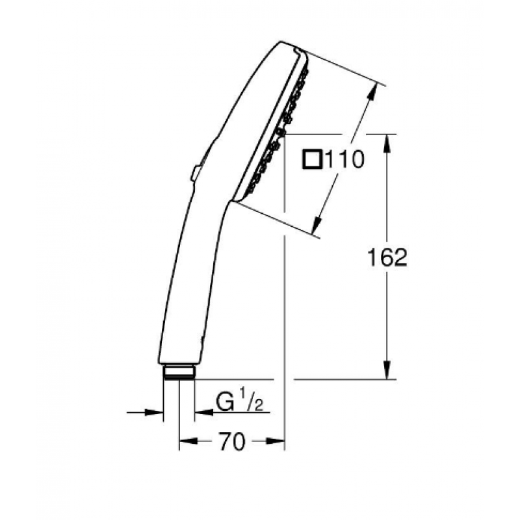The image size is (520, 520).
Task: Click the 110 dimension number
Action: pos(345,159)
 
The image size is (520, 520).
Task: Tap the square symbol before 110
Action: pos(313,159)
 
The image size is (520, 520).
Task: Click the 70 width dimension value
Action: pos(232,441)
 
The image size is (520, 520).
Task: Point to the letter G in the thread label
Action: pos(225,402)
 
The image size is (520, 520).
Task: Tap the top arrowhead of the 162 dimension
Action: pos(387,143)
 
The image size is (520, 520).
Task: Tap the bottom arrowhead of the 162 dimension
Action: pos(387,370)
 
